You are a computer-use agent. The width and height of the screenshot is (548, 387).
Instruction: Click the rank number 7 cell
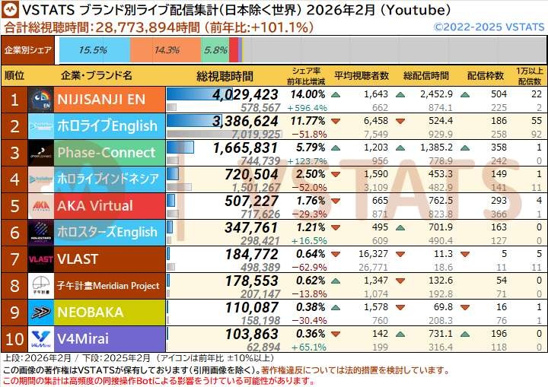[14, 259]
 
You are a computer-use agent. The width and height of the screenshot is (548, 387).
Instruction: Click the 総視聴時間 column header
[225, 76]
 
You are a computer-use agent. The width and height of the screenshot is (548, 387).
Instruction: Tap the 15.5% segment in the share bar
[93, 50]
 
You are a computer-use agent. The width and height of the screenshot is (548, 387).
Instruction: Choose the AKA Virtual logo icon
[40, 205]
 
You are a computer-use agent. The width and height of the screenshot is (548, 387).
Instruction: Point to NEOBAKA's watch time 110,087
[250, 307]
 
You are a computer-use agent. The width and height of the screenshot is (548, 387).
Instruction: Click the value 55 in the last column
[534, 121]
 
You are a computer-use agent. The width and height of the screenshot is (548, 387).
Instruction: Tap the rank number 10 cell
[14, 338]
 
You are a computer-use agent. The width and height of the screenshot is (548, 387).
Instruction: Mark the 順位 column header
[14, 76]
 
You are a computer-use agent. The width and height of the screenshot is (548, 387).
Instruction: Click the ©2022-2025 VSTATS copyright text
[489, 27]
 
